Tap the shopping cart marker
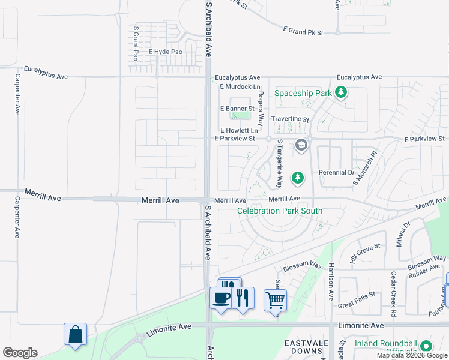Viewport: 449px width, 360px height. [x=275, y=299]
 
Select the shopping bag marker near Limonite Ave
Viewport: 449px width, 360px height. [x=76, y=334]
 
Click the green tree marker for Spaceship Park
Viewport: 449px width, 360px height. [x=342, y=92]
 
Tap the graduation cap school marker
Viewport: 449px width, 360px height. [x=301, y=145]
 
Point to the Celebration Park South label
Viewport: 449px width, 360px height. [x=280, y=211]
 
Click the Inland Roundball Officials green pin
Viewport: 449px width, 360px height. [x=426, y=346]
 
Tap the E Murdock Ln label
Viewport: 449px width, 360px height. [x=239, y=87]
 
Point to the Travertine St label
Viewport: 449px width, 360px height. [x=290, y=119]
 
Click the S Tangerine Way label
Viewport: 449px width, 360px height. [x=279, y=163]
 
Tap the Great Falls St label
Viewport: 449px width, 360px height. [x=356, y=295]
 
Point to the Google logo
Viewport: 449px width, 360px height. [x=20, y=353]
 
